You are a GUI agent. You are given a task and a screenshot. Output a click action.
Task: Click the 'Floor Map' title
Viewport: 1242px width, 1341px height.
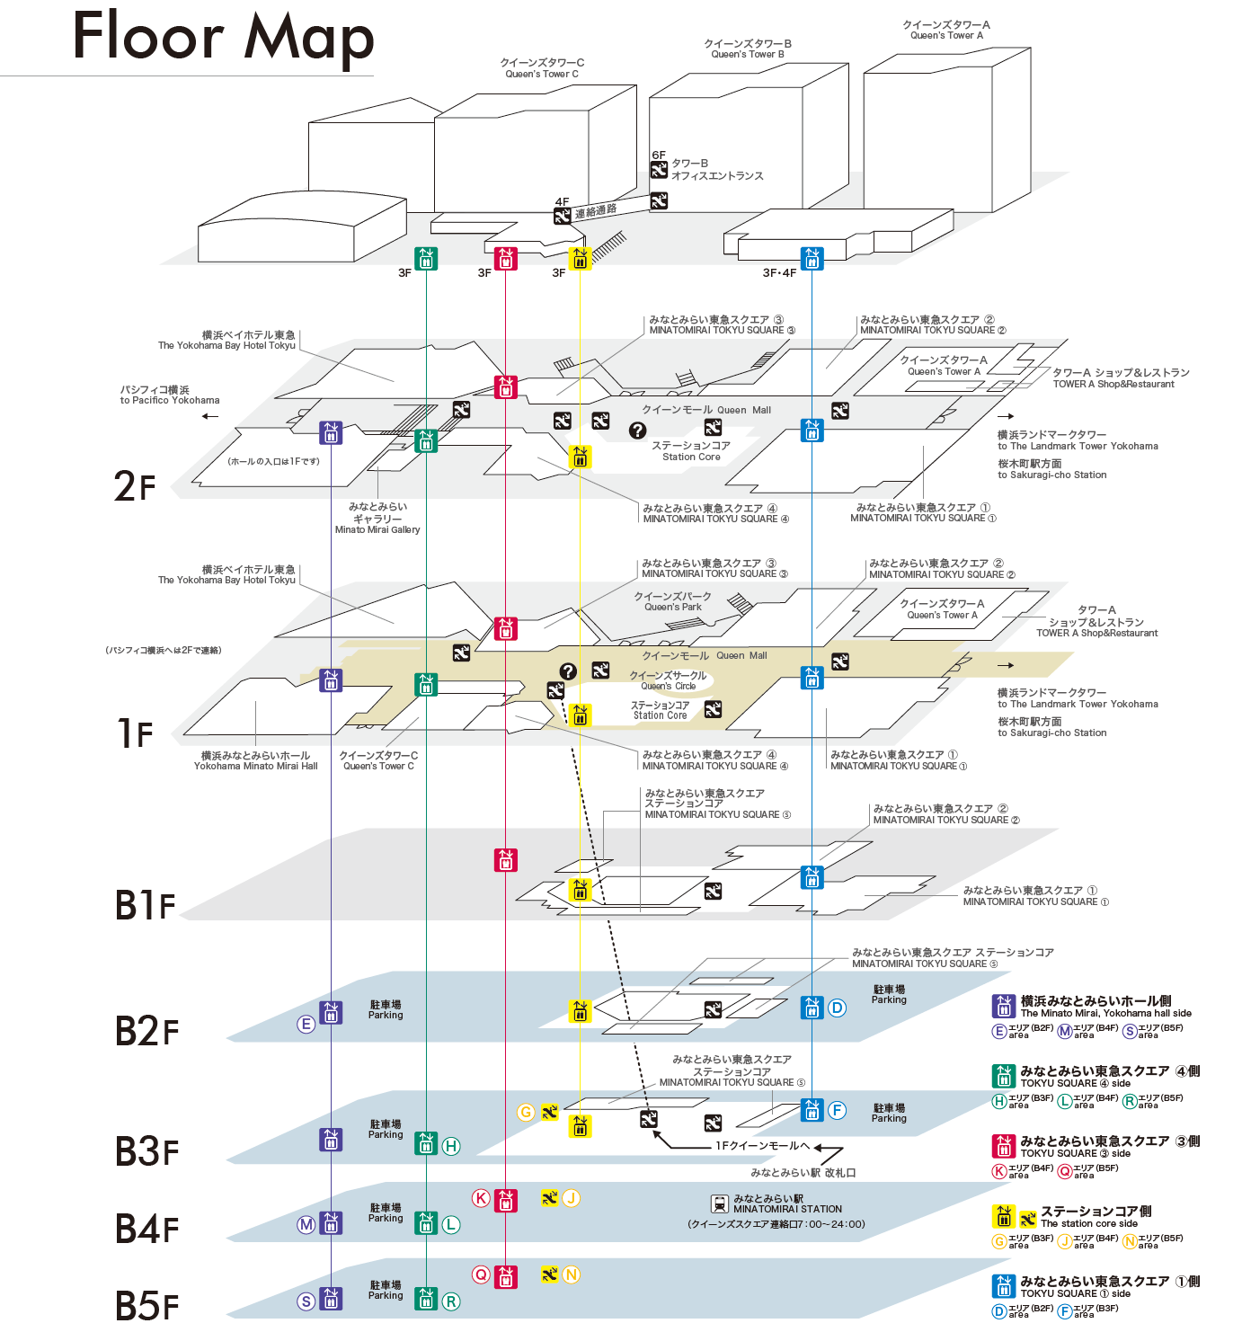pos(223,38)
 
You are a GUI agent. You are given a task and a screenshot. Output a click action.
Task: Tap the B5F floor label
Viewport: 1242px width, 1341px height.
pos(146,1306)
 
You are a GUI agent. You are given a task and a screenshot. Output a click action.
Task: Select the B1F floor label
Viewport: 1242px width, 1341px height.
pos(145,905)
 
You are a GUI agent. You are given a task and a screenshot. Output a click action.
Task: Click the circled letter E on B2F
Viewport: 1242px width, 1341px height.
pos(306,1024)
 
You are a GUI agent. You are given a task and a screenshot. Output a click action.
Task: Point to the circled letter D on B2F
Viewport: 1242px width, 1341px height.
pos(837,1008)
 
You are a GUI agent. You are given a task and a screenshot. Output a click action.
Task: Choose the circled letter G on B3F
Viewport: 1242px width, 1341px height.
pos(527,1112)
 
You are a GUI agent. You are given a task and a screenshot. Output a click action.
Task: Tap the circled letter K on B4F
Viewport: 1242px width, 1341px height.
pos(482,1198)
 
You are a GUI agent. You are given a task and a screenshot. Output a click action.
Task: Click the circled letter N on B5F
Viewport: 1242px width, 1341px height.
pos(571,1274)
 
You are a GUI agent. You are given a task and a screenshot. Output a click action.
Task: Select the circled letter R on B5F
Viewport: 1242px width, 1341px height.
pos(451,1301)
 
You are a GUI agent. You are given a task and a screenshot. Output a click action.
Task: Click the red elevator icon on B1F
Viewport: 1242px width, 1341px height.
pos(506,860)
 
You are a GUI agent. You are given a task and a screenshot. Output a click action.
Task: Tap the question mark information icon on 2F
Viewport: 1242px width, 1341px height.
pos(637,431)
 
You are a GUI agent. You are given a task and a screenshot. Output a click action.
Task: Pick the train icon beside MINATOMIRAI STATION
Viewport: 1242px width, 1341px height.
pos(719,1203)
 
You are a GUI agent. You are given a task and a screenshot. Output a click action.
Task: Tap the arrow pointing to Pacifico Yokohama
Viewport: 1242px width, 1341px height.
pos(210,416)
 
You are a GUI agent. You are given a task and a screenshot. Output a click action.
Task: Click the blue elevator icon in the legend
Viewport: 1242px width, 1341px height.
pos(1003,1286)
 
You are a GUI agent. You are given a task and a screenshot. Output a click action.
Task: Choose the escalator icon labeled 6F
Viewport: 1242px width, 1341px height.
pos(659,169)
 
